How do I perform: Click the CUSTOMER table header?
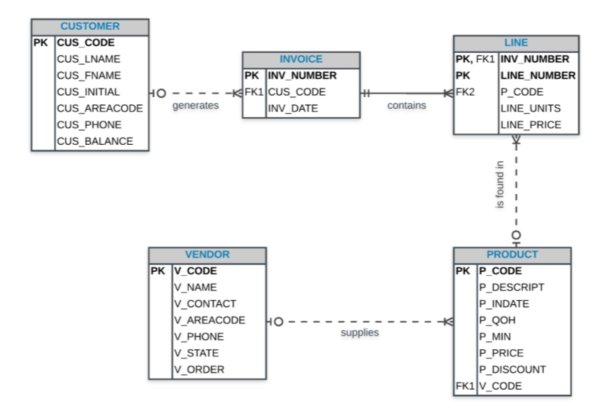click(x=90, y=26)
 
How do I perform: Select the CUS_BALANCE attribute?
click(x=95, y=142)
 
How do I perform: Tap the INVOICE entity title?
click(x=301, y=60)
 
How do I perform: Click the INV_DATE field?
click(x=293, y=108)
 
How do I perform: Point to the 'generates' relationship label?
click(x=196, y=106)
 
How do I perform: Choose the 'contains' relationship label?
click(x=406, y=105)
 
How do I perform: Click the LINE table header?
click(x=515, y=43)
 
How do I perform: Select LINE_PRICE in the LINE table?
click(x=530, y=125)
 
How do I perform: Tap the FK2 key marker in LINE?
click(x=465, y=92)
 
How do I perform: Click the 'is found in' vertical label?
click(x=500, y=186)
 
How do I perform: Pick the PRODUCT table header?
click(x=512, y=255)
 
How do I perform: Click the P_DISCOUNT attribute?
click(x=512, y=370)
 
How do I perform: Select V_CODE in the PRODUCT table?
click(x=500, y=386)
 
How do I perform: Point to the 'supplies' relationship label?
click(x=360, y=333)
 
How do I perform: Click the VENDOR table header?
click(x=208, y=255)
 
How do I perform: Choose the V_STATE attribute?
click(x=196, y=353)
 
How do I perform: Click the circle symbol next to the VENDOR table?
click(x=278, y=322)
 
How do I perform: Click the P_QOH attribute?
click(x=497, y=320)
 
